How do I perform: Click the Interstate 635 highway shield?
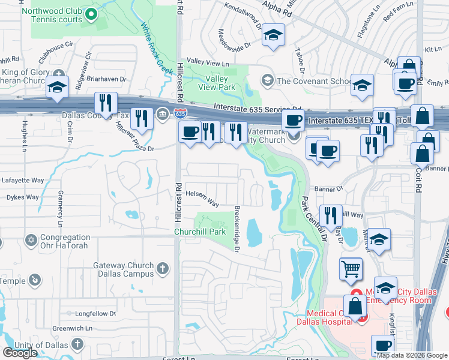click(179, 112)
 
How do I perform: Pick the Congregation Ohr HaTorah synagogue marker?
click(31, 241)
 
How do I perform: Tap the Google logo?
click(20, 353)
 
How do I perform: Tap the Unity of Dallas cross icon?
click(77, 344)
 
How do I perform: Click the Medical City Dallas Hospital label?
click(324, 317)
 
